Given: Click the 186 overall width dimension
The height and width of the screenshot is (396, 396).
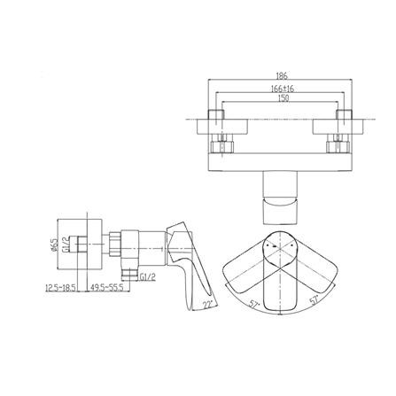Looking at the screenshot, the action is (x=282, y=76).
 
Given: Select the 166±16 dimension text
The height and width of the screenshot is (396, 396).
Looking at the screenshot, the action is (x=283, y=89).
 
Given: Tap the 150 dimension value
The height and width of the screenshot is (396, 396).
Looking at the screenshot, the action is (x=283, y=98).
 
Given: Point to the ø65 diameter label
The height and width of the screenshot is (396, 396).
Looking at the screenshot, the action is (x=53, y=245).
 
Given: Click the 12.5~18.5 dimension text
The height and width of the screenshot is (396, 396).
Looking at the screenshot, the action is (x=61, y=287).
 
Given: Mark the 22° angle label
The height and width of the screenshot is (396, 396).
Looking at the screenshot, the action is (x=208, y=305).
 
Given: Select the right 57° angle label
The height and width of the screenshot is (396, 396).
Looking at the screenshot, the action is (x=314, y=301).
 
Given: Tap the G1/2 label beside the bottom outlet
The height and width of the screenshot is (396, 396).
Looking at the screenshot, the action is (x=148, y=277).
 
